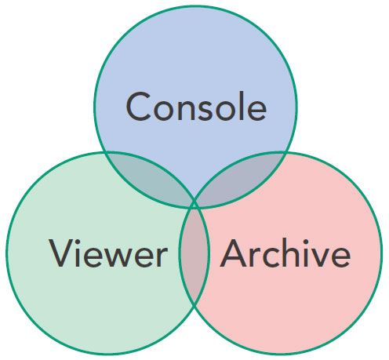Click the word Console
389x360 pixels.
[x=196, y=106]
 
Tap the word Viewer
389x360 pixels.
[x=108, y=253]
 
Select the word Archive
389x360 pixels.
[x=285, y=253]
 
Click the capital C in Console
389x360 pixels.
[x=139, y=107]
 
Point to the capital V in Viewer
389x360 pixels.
[x=61, y=253]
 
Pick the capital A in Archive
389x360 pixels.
[x=234, y=253]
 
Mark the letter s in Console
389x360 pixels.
[x=201, y=110]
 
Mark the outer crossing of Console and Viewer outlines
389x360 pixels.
[x=105, y=152]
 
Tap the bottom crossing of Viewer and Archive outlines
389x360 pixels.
[x=194, y=306]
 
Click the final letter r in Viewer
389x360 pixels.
[x=162, y=257]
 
